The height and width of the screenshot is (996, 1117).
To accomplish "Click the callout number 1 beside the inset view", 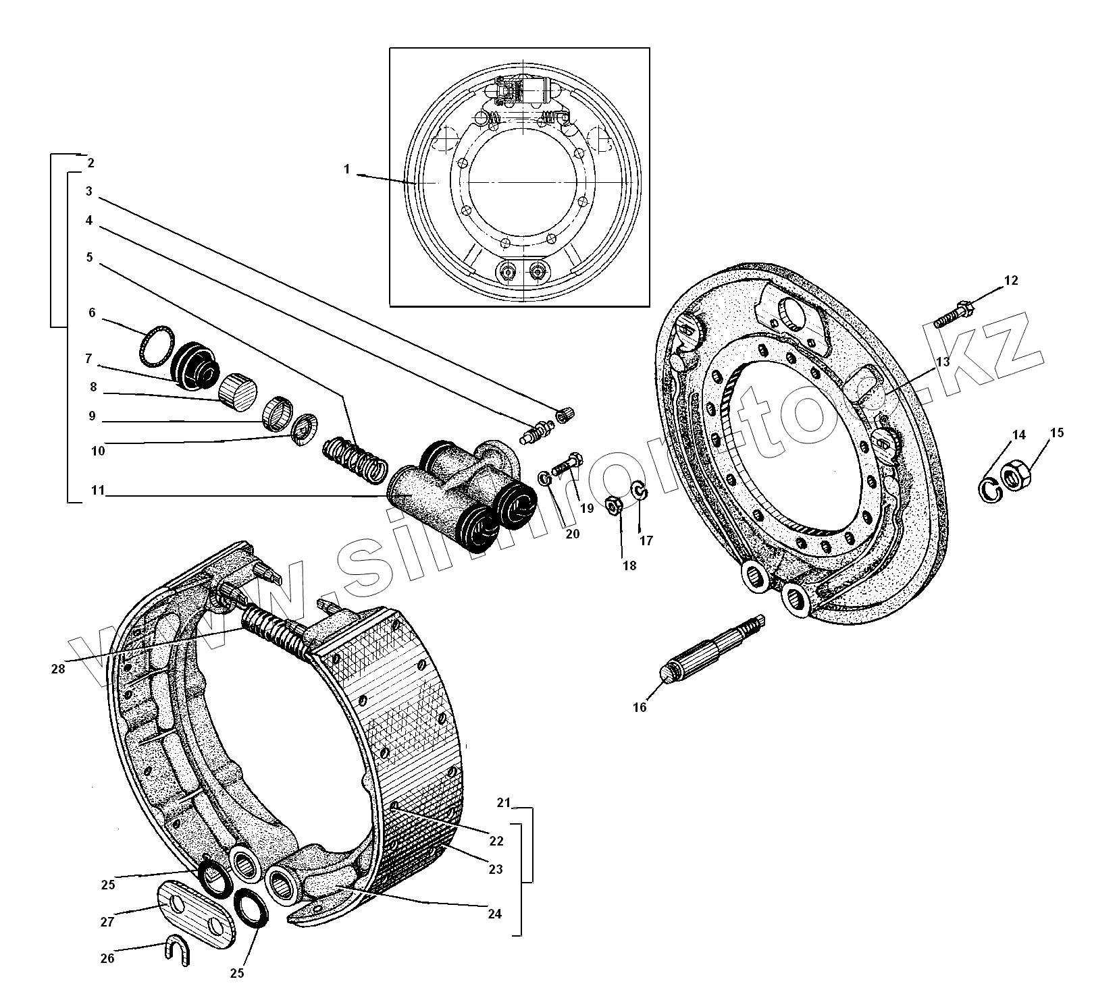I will pos(347,169).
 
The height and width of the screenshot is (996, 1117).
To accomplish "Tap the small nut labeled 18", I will pos(614,505).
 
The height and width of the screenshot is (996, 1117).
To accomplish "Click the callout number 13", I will pos(942,362).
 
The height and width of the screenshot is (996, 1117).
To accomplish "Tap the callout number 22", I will pos(496,841).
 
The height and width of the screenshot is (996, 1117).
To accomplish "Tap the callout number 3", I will pos(88,191).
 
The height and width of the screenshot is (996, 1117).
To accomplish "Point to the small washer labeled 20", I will pos(544,478).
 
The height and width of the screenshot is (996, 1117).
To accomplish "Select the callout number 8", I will pos(93,387).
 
